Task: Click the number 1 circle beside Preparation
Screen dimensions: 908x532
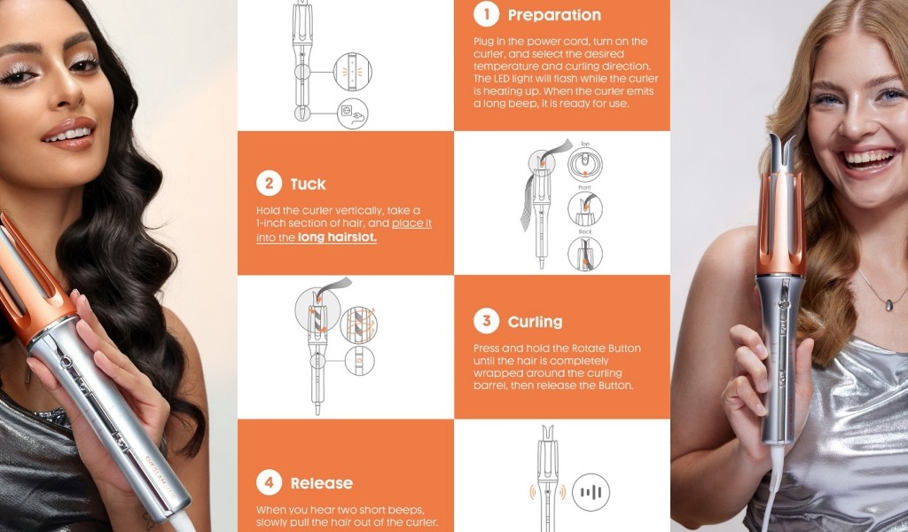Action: (487, 14)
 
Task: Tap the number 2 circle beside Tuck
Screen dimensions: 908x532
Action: (270, 184)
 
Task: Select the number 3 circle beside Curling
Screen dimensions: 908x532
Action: (487, 321)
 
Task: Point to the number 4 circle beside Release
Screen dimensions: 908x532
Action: (270, 482)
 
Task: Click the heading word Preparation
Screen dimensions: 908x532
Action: (554, 15)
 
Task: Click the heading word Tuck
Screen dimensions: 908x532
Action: (308, 184)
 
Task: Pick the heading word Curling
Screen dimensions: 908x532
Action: (535, 322)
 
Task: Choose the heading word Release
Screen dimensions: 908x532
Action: (321, 483)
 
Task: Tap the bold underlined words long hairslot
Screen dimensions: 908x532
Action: (337, 238)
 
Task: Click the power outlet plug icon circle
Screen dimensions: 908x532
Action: (353, 113)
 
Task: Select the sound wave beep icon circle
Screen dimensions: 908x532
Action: (591, 492)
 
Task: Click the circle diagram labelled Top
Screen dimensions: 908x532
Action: (585, 164)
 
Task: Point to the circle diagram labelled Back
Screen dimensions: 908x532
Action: (585, 254)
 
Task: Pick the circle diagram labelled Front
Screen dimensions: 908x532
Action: (585, 208)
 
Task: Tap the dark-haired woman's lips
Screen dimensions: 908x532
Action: (69, 133)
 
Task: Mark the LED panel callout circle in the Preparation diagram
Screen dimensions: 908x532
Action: (353, 72)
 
